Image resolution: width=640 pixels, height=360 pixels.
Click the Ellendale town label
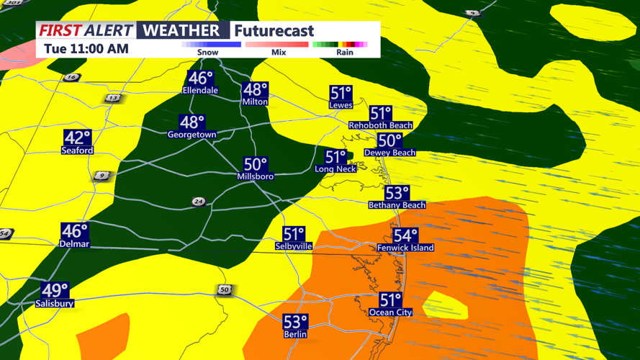tap(200, 91)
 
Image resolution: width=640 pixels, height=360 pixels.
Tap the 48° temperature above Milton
tap(255, 90)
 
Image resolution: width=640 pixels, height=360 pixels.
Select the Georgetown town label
tap(191, 135)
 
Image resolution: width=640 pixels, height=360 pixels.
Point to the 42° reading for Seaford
tap(77, 138)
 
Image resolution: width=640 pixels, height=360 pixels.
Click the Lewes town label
tap(341, 105)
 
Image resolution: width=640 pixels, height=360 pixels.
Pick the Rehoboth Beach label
tap(380, 125)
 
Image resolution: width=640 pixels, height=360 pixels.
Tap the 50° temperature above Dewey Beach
tap(389, 141)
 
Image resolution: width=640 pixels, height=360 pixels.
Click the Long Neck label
tap(335, 169)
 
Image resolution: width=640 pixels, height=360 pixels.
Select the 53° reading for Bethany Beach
tap(397, 193)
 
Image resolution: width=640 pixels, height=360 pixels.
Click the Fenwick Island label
tap(405, 248)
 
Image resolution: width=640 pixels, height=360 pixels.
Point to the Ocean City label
tap(390, 312)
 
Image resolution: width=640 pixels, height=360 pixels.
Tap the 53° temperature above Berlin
tap(295, 321)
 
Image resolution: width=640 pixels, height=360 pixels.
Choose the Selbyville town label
tap(294, 246)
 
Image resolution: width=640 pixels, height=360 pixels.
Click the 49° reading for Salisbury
tap(55, 291)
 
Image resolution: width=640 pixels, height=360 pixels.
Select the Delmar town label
tap(74, 244)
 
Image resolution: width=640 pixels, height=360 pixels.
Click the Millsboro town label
tap(255, 176)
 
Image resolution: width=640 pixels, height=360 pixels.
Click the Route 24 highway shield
tap(199, 202)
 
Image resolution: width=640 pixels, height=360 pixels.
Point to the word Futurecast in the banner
tap(274, 31)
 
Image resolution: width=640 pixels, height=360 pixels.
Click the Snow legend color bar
tap(211, 45)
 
